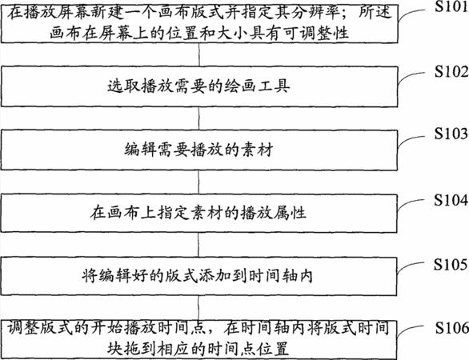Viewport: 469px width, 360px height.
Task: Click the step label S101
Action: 451,6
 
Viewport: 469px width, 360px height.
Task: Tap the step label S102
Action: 451,72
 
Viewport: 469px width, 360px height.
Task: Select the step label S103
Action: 451,134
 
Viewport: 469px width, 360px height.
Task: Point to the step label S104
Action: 451,200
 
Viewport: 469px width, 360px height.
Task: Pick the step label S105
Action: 451,264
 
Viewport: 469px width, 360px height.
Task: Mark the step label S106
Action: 451,328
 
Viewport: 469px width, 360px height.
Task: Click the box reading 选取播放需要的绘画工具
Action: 199,86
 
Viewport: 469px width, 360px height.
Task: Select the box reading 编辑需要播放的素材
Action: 199,150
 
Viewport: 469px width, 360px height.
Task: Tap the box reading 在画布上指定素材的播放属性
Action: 199,213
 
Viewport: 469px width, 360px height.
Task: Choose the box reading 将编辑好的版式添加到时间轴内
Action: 199,276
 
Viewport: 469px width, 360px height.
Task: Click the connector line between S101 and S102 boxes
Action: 199,54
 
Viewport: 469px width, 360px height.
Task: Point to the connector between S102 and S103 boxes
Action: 199,118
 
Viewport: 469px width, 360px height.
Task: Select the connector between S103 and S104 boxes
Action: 199,182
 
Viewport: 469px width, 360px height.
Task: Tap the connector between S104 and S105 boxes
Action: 199,245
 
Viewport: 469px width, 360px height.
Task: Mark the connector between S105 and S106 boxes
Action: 199,308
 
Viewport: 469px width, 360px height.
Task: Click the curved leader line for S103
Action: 411,140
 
